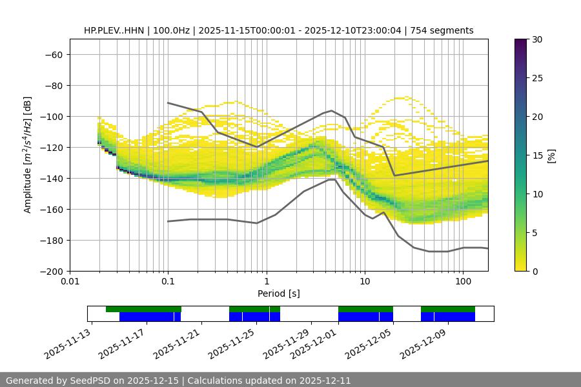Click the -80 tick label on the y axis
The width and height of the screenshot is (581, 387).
click(x=54, y=85)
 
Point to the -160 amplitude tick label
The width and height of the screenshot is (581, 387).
click(x=51, y=209)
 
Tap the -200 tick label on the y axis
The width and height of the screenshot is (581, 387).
click(x=51, y=271)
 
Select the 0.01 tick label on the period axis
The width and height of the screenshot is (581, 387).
click(x=70, y=282)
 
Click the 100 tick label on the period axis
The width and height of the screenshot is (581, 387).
click(x=463, y=282)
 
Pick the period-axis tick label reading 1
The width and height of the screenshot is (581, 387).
click(x=266, y=282)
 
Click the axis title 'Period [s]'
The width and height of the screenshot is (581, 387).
click(x=278, y=293)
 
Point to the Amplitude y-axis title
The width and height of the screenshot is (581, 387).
click(x=28, y=155)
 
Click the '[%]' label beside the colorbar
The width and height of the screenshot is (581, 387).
click(x=551, y=155)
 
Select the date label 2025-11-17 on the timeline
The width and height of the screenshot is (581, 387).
click(x=121, y=345)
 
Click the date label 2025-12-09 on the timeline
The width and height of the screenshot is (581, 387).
click(x=423, y=345)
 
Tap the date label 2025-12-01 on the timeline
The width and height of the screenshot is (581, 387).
click(x=313, y=345)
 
